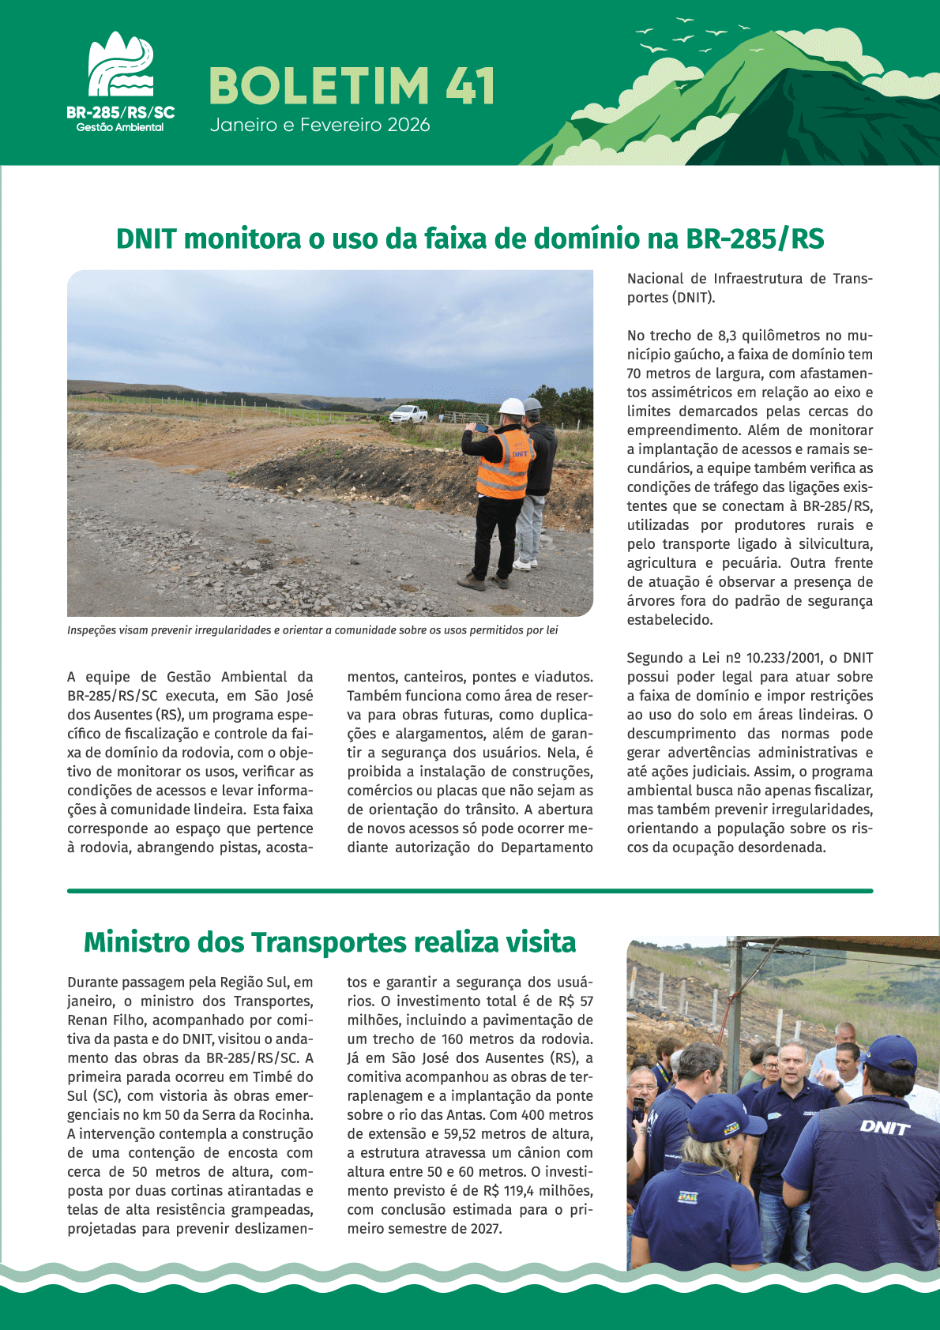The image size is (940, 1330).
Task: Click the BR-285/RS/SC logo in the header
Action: pos(120,83)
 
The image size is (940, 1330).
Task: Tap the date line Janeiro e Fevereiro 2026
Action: pos(320,125)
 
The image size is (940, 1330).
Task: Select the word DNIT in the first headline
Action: pos(146,239)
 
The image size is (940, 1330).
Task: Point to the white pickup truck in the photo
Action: pos(408,413)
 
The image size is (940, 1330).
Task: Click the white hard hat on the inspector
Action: pos(512,407)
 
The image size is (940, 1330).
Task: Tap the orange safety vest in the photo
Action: pos(504,464)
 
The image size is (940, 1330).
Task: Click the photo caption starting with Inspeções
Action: pos(313,630)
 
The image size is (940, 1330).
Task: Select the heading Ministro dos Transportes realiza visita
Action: pos(329,942)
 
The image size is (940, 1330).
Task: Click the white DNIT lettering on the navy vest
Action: pos(885,1127)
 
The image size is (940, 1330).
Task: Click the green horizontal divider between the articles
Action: pos(470,891)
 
